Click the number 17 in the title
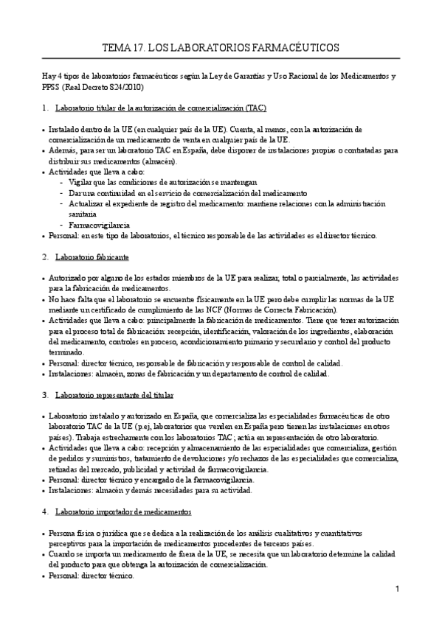(139, 48)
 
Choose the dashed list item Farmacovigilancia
(100, 225)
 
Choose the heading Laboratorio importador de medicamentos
(123, 511)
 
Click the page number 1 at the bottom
(397, 589)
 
